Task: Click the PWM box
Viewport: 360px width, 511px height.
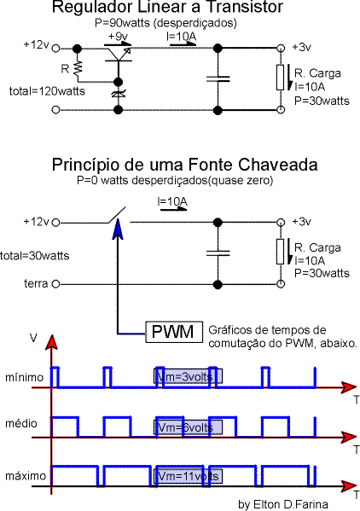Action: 174,332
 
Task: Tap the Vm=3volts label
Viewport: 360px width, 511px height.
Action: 188,376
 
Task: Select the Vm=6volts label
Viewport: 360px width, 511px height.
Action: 188,427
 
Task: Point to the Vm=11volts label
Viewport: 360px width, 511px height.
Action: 188,476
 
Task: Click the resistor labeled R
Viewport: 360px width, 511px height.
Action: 78,68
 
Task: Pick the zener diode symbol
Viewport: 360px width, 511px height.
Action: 119,94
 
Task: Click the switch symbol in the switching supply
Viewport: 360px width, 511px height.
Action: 117,216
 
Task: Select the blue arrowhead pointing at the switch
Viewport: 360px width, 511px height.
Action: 118,229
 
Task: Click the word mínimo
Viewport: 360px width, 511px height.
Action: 25,377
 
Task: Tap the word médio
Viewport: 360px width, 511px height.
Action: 21,423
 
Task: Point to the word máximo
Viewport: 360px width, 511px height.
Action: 26,476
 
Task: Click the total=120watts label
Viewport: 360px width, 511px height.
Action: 47,91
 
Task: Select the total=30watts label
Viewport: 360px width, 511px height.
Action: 34,256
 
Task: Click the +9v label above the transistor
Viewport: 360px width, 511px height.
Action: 117,36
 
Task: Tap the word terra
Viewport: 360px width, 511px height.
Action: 36,283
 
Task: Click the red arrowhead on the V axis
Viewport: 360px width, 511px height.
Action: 51,342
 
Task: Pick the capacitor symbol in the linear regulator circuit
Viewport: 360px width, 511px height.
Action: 218,78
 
